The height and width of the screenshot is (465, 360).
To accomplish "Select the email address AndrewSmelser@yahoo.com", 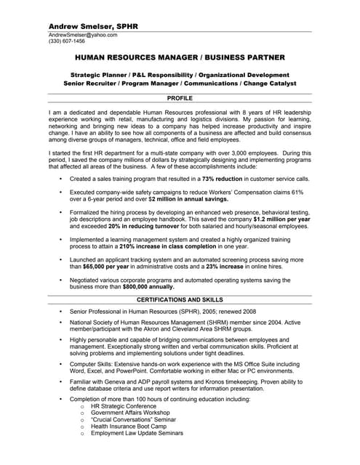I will click(x=82, y=35).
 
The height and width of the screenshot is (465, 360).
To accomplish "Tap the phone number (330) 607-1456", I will click(x=66, y=41).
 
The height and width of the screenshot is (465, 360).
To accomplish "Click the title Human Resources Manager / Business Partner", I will click(x=180, y=57).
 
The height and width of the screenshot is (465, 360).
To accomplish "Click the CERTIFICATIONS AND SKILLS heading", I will click(x=180, y=299).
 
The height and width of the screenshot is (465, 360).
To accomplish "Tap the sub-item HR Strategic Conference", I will click(x=126, y=406).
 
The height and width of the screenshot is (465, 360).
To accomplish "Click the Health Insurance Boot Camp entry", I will click(x=134, y=426).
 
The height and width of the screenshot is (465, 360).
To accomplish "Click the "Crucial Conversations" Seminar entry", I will click(x=134, y=420).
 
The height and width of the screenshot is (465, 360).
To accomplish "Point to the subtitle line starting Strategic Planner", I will click(x=180, y=75).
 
